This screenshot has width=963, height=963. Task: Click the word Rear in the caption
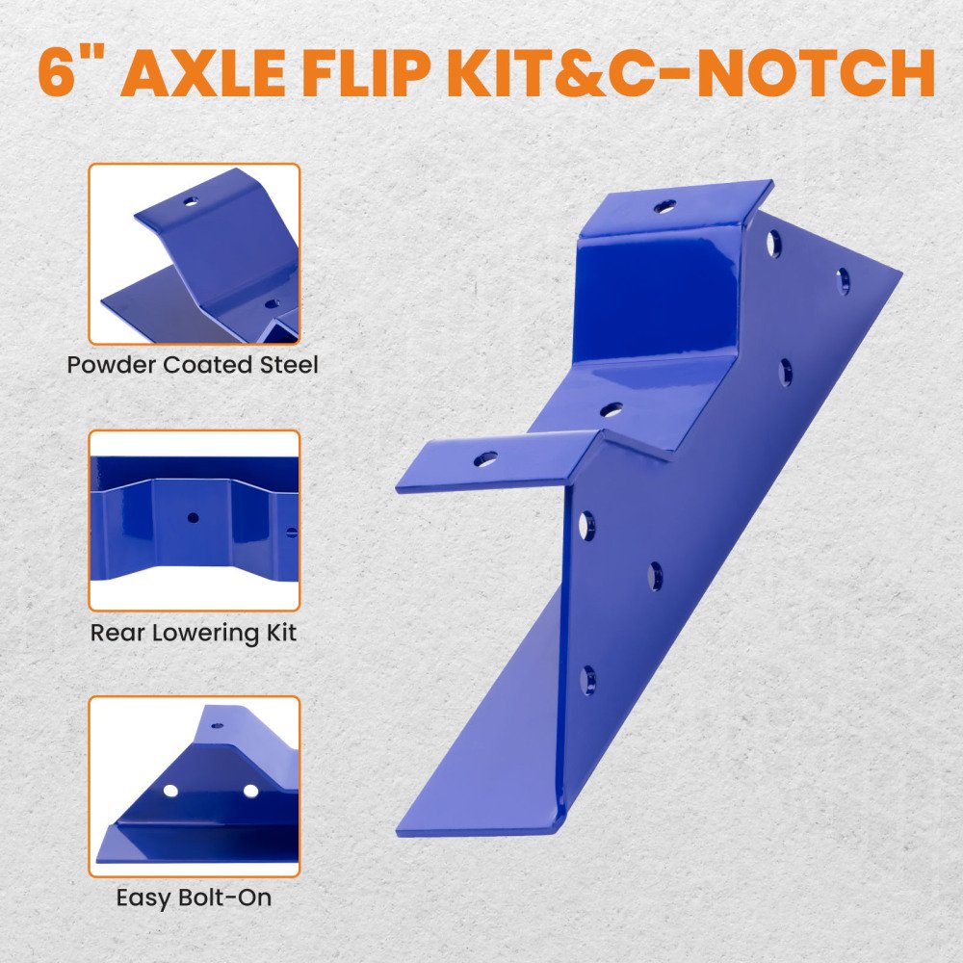click(x=117, y=634)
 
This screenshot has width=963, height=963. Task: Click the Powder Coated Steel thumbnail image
click(x=195, y=253)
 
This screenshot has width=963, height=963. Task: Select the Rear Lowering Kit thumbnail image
click(x=195, y=521)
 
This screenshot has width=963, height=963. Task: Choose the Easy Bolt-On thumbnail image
click(x=195, y=787)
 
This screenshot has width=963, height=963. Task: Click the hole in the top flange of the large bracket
click(x=665, y=206)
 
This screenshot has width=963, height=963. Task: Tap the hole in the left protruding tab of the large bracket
click(x=485, y=458)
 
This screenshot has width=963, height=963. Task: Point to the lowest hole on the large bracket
click(x=587, y=681)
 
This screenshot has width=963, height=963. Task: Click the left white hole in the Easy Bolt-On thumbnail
click(x=170, y=791)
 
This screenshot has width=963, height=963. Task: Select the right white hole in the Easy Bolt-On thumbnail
click(x=250, y=791)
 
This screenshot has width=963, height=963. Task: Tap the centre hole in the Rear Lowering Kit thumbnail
click(x=193, y=518)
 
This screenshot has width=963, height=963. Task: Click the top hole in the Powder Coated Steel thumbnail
click(x=192, y=201)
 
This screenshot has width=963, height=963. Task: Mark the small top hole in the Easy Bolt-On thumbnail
click(x=218, y=726)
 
